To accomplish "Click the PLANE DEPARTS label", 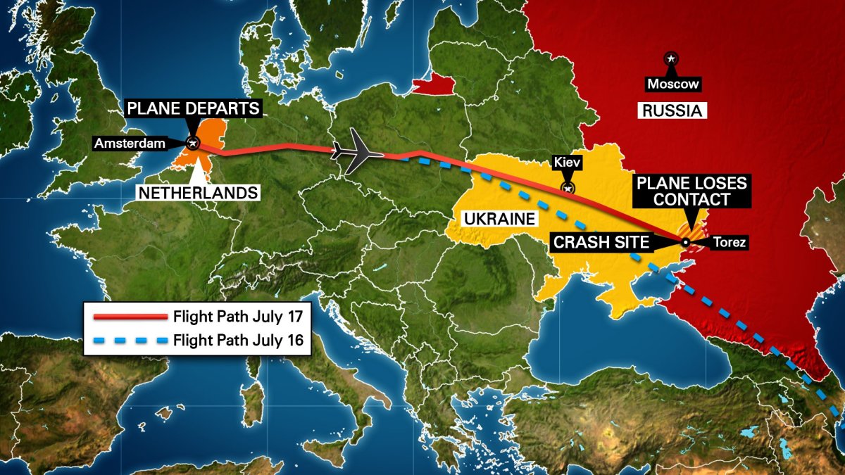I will pyautogui.click(x=193, y=109).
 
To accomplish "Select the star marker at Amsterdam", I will pyautogui.click(x=193, y=143).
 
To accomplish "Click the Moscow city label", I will pyautogui.click(x=674, y=84).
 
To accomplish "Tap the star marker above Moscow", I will pyautogui.click(x=671, y=58).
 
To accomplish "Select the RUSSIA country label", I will pyautogui.click(x=672, y=110).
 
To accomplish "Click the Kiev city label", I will pyautogui.click(x=567, y=162).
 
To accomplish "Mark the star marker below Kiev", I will pyautogui.click(x=567, y=188).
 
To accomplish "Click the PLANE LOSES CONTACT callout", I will pyautogui.click(x=691, y=191).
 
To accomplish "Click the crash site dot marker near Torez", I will pyautogui.click(x=685, y=243).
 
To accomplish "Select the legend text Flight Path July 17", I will pyautogui.click(x=238, y=315).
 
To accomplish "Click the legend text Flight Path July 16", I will pyautogui.click(x=238, y=341).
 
